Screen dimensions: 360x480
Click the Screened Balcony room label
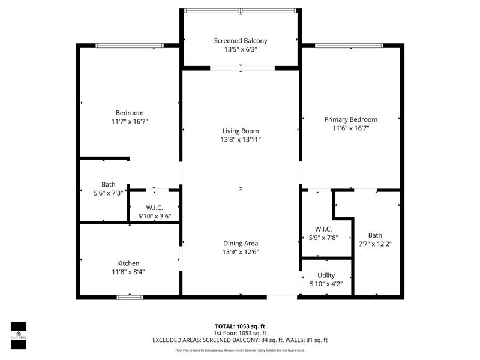[x=241, y=41]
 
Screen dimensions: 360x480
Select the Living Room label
[x=241, y=131]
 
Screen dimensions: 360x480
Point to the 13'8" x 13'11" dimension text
[x=241, y=140]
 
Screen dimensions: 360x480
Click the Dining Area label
[x=241, y=243]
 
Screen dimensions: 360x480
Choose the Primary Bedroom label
[x=351, y=119]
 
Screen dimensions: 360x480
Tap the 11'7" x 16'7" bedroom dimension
[x=130, y=121]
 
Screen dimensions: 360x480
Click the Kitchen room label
[x=128, y=263]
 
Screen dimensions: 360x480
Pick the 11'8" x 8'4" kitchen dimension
[x=128, y=272]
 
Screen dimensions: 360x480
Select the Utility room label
[x=326, y=275]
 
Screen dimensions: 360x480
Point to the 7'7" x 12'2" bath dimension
[x=375, y=244]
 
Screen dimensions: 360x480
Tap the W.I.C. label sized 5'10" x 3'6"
[x=154, y=208]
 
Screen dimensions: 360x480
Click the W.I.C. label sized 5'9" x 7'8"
[x=323, y=229]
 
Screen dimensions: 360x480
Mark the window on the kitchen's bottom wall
[x=130, y=296]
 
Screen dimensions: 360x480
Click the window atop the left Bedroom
[x=130, y=45]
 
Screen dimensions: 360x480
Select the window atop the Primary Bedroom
[x=349, y=45]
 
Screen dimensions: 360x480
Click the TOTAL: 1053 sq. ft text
[x=240, y=326]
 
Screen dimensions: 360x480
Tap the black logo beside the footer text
[x=19, y=332]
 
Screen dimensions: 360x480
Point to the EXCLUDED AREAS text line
[x=240, y=340]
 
